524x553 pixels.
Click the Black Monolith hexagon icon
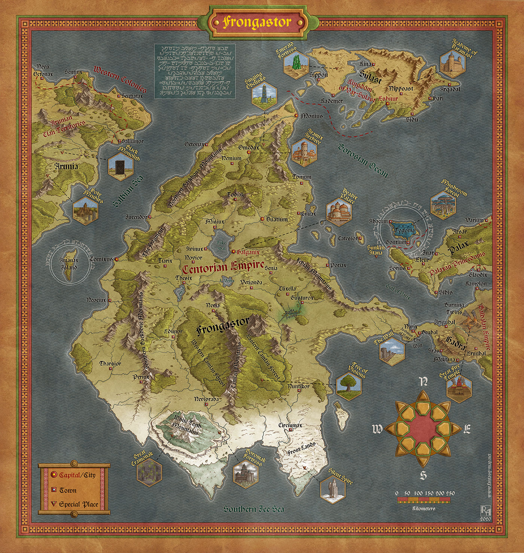point(121,164)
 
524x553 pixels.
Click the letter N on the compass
point(424,381)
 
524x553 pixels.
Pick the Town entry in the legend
point(68,490)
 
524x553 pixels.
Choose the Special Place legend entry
point(78,504)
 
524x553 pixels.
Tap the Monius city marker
point(296,116)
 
